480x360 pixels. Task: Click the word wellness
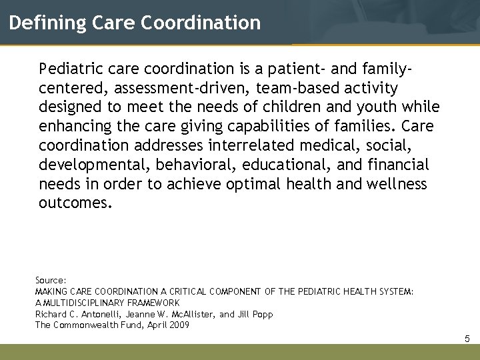pos(397,184)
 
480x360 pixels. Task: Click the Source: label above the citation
pos(51,281)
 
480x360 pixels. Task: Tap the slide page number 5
pos(467,339)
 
